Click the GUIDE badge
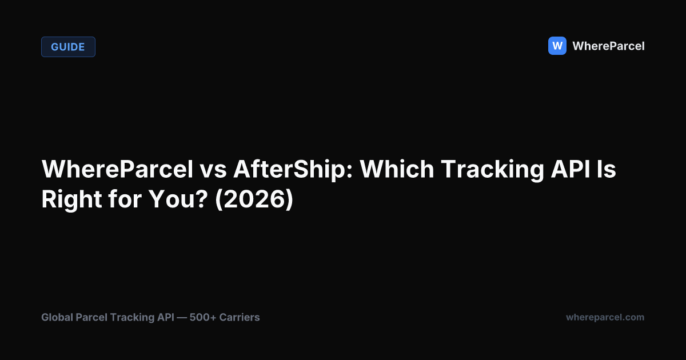point(68,47)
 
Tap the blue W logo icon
point(557,46)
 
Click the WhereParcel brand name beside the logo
point(608,46)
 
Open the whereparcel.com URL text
point(605,317)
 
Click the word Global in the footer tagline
point(57,317)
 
